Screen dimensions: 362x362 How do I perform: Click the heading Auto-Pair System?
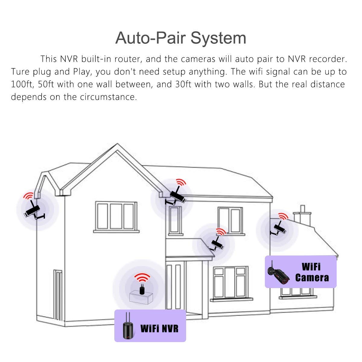(181, 38)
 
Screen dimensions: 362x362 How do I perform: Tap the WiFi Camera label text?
(312, 272)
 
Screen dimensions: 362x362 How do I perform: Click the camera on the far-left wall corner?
(34, 211)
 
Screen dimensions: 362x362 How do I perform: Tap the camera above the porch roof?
(217, 244)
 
